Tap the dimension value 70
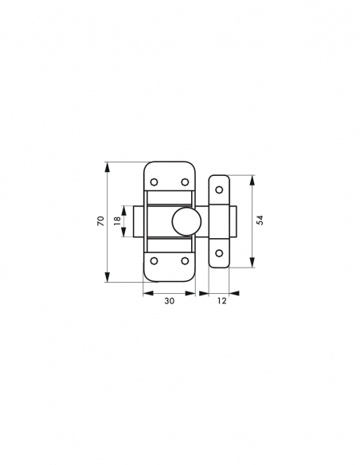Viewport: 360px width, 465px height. [100, 221]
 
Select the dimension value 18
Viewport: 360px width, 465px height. [116, 221]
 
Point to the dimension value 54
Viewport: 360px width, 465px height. [260, 221]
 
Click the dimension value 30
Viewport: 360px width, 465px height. [169, 302]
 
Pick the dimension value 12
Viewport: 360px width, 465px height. [221, 302]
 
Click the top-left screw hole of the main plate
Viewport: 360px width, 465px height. [155, 182]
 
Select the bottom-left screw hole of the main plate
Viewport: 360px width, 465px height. [155, 260]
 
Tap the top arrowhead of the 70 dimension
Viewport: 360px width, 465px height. [107, 166]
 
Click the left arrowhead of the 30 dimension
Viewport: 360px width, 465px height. [147, 293]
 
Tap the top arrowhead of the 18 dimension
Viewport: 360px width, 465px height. [123, 209]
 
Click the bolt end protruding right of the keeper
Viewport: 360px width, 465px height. [235, 221]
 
